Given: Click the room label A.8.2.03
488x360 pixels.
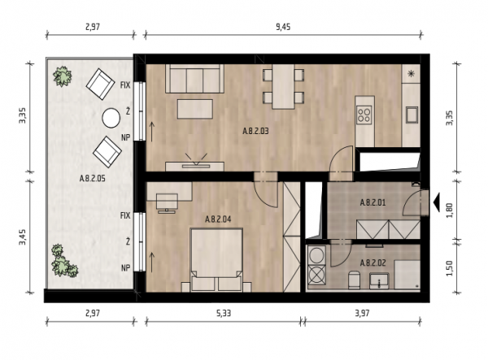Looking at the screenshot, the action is pos(255,131).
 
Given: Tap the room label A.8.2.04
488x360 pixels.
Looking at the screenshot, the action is pos(218,219).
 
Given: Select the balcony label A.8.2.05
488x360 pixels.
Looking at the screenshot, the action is pos(93,179).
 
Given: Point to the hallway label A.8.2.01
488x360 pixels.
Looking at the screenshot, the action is pos(373,203).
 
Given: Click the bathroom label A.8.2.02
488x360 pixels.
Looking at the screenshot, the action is pos(373,263).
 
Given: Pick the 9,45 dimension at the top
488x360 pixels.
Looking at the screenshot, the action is pos(283,27).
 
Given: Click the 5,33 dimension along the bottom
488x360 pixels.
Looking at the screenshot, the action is pos(224,313).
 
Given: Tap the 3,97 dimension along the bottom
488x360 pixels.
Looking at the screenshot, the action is pos(362,313).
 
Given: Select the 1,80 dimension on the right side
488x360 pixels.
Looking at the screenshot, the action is pos(450,210).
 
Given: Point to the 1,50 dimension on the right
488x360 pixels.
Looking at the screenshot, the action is pos(450,268).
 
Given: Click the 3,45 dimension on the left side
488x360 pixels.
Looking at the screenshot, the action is pos(23,237).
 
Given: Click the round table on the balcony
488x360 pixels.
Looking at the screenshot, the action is pos(111,118).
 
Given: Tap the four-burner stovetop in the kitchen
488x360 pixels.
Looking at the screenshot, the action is pos(364,115).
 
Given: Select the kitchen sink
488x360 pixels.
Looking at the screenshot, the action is pos(412,115).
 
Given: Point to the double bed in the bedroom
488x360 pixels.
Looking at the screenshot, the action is pos(217,260).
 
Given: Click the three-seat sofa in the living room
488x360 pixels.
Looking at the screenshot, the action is pos(195,79).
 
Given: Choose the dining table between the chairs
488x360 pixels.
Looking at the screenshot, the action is pos(283,87).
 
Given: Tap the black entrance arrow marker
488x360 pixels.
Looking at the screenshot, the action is pos(437,202).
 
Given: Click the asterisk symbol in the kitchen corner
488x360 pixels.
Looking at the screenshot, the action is pos(412,74).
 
